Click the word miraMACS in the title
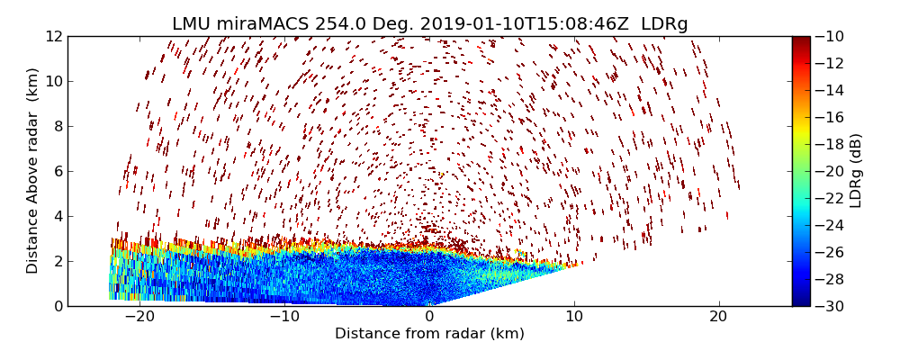(256, 24)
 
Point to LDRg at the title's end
(663, 24)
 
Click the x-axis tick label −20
(139, 317)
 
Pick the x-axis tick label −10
(284, 317)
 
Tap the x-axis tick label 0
(429, 317)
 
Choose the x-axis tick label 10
(574, 317)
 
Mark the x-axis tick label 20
(718, 317)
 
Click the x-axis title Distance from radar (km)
(429, 334)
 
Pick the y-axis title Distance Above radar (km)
(33, 171)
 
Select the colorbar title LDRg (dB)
(856, 171)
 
